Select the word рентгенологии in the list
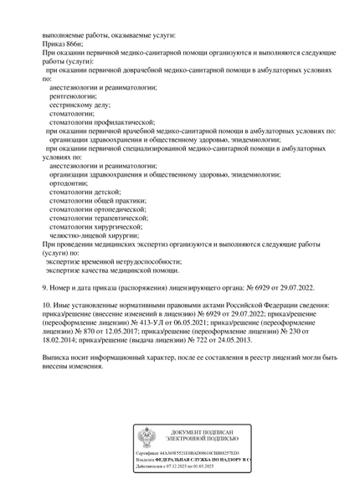77,96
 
